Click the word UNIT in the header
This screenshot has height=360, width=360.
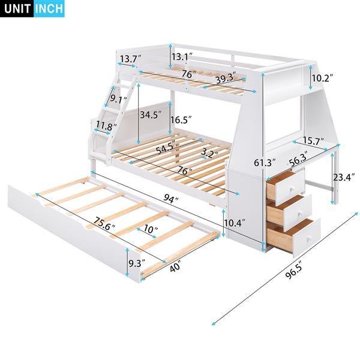[x=17, y=8]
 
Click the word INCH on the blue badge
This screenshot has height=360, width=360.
[x=49, y=8]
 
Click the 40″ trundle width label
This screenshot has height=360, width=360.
[x=175, y=267]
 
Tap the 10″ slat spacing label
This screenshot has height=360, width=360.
[x=151, y=229]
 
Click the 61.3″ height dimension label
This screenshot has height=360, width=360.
[x=265, y=163]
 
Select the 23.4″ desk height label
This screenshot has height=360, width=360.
[x=344, y=177]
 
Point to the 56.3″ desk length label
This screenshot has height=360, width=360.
[x=298, y=159]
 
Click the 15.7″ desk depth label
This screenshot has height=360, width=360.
[x=313, y=141]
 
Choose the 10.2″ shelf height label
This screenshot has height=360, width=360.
[x=322, y=78]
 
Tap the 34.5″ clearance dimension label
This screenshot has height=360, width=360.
[x=151, y=115]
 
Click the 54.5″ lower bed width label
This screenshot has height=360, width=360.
[x=166, y=148]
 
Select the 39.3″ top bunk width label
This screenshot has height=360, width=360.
[x=226, y=78]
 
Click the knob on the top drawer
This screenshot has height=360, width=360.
[x=292, y=189]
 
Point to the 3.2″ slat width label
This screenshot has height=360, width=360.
[x=210, y=152]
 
